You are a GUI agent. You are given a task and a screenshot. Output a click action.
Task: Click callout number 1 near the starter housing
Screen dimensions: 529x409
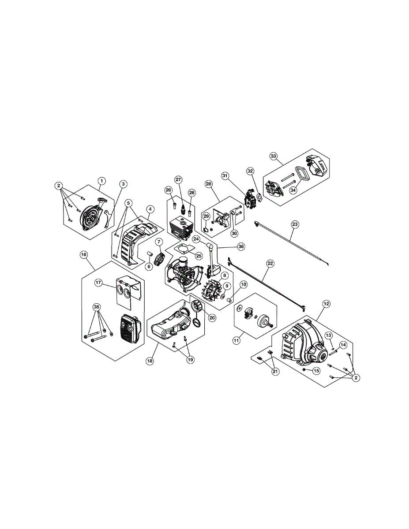101,181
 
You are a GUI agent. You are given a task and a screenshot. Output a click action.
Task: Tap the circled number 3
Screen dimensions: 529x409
123,183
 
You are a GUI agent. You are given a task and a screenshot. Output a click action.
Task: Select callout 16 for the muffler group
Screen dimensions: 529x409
83,254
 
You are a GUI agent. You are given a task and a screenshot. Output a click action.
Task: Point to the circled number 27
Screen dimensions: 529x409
178,180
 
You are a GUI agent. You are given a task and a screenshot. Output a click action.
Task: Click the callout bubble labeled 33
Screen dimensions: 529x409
274,156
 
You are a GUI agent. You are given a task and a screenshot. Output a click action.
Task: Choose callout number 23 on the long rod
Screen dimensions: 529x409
295,224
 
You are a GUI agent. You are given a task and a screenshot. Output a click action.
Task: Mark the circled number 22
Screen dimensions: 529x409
270,263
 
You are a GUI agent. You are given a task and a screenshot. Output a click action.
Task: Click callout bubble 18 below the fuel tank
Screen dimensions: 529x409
150,361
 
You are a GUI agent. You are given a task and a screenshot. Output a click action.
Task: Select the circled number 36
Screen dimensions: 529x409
241,247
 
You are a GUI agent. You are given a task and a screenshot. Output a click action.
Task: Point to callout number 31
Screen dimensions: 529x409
225,176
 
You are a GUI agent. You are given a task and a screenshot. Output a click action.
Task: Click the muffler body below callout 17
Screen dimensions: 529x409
128,329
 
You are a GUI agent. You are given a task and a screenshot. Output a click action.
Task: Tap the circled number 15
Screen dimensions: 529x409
316,371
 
